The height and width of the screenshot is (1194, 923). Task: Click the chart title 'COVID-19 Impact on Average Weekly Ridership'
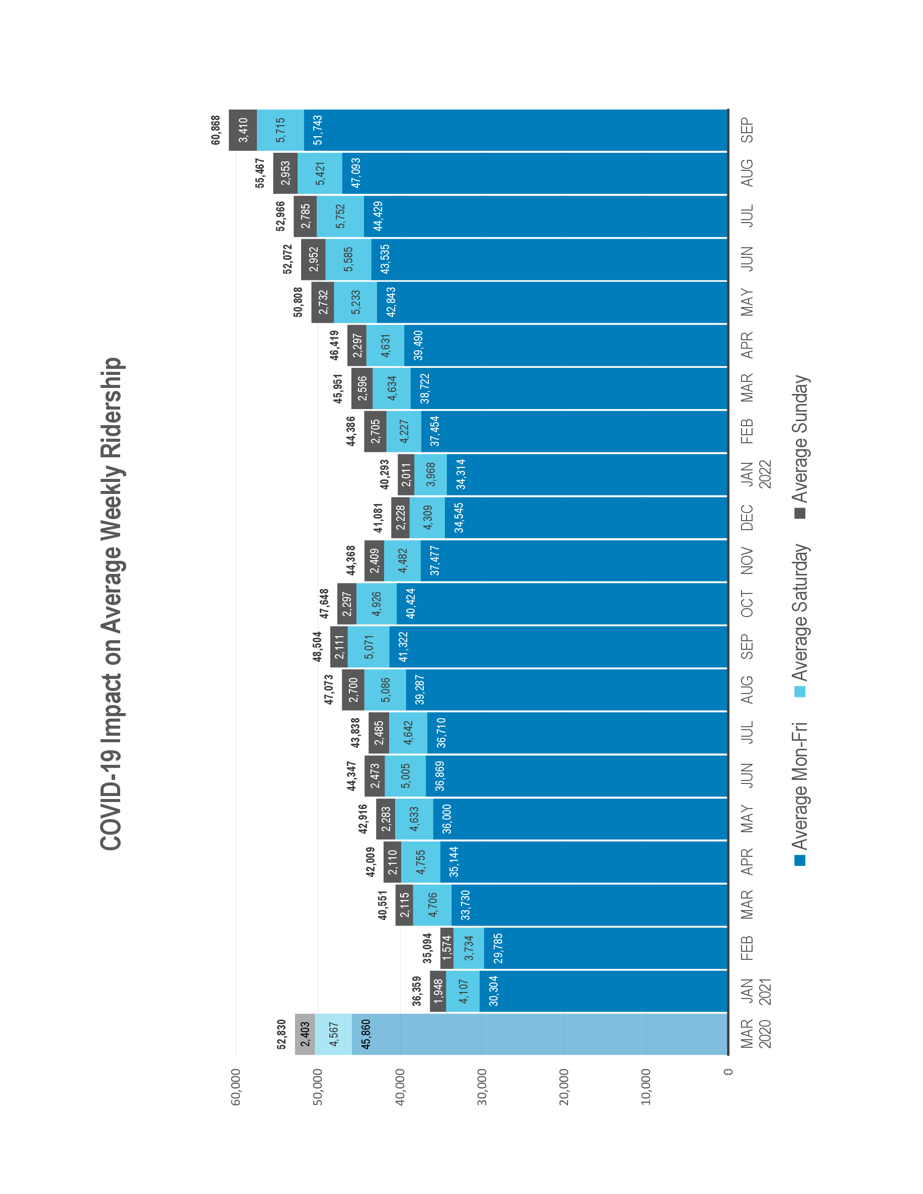(112, 604)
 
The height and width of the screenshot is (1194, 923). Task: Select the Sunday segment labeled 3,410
(243, 130)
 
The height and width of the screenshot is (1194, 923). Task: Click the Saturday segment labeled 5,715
(281, 130)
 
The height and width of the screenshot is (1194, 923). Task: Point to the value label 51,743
(318, 130)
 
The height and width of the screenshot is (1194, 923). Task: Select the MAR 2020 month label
(755, 1033)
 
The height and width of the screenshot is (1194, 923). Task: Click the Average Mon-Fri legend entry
(800, 792)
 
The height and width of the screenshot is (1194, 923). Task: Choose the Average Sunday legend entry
(800, 446)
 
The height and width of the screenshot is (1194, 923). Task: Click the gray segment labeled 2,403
(305, 1034)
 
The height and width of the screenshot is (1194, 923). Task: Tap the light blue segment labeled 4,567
(333, 1034)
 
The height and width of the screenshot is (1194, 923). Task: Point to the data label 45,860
(365, 1034)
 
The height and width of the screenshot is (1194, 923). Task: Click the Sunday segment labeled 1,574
(447, 948)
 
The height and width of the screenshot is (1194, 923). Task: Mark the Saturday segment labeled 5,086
(386, 690)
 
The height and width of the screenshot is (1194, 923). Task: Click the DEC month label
(747, 518)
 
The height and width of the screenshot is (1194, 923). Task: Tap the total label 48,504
(318, 647)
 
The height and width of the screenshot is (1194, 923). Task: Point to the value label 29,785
(498, 948)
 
